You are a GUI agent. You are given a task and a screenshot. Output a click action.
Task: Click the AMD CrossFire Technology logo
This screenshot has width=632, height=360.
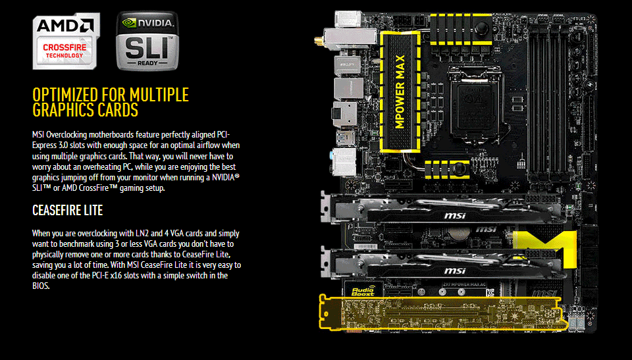64,41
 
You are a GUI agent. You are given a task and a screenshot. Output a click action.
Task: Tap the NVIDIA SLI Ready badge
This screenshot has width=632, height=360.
147,41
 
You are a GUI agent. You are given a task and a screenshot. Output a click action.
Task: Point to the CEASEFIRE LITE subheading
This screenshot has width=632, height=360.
67,211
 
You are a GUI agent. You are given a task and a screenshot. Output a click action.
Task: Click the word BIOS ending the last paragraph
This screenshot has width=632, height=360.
40,286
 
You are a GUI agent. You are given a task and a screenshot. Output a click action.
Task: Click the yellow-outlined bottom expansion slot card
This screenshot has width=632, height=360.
441,311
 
